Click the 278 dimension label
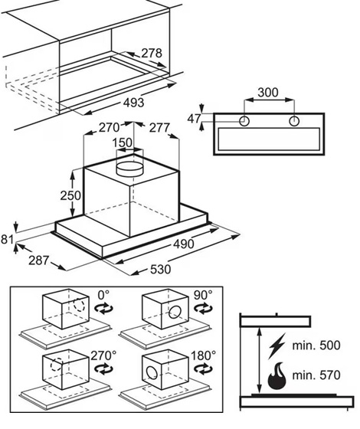pyautogui.click(x=152, y=53)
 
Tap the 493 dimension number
pyautogui.click(x=133, y=103)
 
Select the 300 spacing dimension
pyautogui.click(x=268, y=93)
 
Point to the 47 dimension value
pyautogui.click(x=194, y=119)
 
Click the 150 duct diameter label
pyautogui.click(x=123, y=142)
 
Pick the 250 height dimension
pyautogui.click(x=70, y=195)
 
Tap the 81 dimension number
pyautogui.click(x=7, y=239)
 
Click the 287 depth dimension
pyautogui.click(x=39, y=260)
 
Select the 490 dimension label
pyautogui.click(x=184, y=244)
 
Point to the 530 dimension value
pyautogui.click(x=160, y=269)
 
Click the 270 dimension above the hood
pyautogui.click(x=109, y=127)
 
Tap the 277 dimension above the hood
pyautogui.click(x=159, y=127)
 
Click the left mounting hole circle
pyautogui.click(x=244, y=121)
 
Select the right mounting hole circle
pyautogui.click(x=294, y=121)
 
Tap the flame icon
pyautogui.click(x=277, y=376)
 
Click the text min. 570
pyautogui.click(x=316, y=375)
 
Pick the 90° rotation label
pyautogui.click(x=203, y=295)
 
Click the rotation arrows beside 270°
pyautogui.click(x=103, y=369)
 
